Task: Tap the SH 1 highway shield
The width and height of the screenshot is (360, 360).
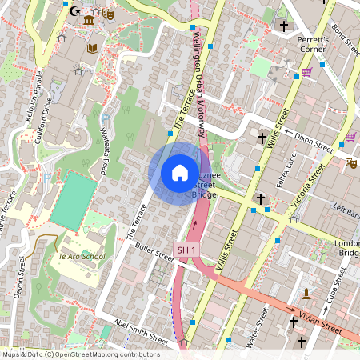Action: [186, 250]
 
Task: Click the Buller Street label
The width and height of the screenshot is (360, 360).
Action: [154, 251]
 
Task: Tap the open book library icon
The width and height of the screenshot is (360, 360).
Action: [93, 49]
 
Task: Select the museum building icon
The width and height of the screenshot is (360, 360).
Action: [88, 18]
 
